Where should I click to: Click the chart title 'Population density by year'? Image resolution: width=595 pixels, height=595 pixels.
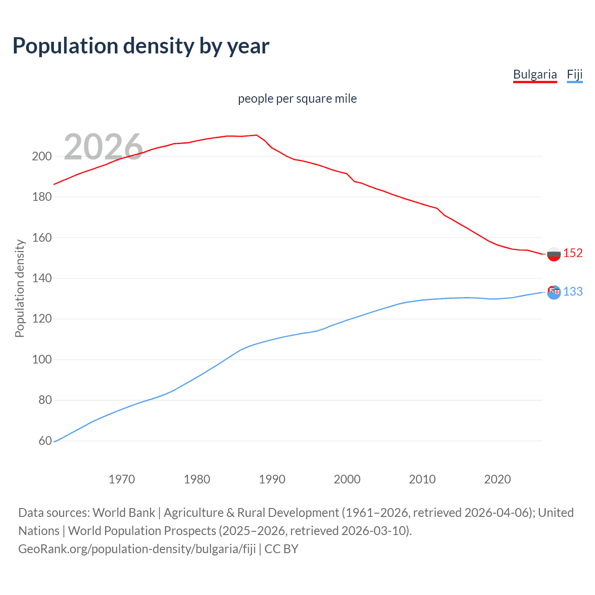coord(141,46)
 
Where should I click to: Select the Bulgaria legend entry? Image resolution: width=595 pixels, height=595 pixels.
coord(535,74)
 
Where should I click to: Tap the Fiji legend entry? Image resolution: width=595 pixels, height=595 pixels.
coord(575,74)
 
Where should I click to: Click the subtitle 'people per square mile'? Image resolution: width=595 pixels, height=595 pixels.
coord(297,99)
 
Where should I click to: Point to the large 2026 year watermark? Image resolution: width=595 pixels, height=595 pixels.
coord(103,147)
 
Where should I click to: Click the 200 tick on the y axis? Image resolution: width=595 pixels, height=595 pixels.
coord(41,157)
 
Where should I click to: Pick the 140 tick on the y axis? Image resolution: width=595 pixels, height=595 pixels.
coord(41,278)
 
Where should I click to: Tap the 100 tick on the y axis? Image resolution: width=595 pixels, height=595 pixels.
coord(41,360)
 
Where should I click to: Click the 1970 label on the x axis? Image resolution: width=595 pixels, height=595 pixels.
coord(122,479)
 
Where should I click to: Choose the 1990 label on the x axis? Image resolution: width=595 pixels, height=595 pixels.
coord(272,479)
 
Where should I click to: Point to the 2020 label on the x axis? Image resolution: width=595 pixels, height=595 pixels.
coord(497,479)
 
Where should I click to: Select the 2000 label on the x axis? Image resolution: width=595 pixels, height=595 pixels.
coord(347,479)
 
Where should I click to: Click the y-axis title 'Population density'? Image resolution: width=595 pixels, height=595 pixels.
coord(20,288)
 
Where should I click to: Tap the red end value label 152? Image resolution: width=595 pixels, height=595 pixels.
coord(573,253)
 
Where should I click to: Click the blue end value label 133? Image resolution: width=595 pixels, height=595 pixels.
coord(573,291)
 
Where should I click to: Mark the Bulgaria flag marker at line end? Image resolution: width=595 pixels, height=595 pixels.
coord(554,254)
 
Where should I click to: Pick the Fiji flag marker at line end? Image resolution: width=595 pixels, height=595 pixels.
coord(554,292)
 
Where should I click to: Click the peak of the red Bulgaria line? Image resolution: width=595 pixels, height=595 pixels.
coord(257,135)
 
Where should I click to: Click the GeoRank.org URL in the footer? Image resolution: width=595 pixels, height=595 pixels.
coord(137,549)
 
